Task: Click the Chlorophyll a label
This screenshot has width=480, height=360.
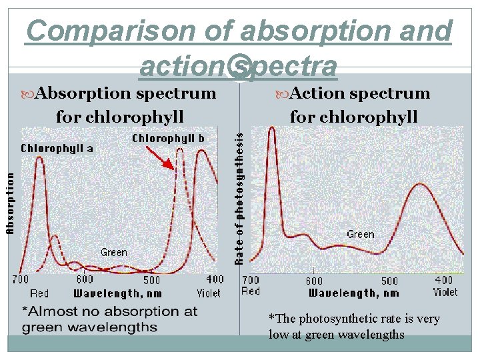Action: (57, 148)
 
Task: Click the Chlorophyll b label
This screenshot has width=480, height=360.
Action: (168, 138)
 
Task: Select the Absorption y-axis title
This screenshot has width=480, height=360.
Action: (10, 203)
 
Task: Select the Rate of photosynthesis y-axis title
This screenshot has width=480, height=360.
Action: (240, 197)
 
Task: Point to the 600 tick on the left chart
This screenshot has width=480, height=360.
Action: (85, 279)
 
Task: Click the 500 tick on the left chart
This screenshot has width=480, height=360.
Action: (152, 279)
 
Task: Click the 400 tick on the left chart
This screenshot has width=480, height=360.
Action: (215, 279)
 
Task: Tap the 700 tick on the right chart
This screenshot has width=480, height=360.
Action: (251, 280)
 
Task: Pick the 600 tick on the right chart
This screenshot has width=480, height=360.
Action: (314, 281)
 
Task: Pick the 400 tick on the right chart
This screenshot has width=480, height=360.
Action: (443, 280)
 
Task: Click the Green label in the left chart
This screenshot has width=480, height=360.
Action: (114, 252)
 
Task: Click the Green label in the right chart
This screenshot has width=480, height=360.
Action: (360, 234)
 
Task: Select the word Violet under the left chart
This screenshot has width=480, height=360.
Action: (209, 293)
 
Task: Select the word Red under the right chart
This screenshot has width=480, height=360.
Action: (251, 291)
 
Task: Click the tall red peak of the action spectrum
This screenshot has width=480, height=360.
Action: (272, 130)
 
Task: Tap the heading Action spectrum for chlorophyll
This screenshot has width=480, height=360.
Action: (353, 105)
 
